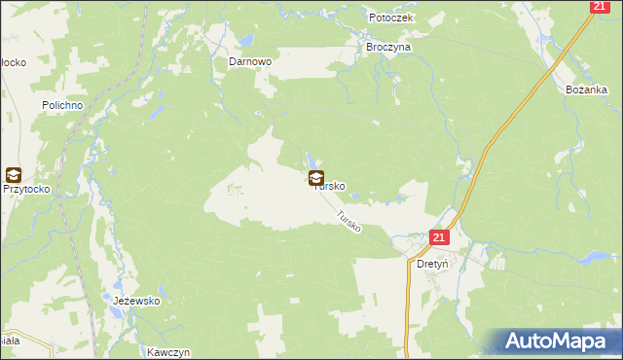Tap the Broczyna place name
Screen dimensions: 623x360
coord(388,47)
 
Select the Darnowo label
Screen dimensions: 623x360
coord(249,60)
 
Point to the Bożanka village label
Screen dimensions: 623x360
coord(586,89)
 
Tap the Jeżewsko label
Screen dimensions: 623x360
coord(136,302)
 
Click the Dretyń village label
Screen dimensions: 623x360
coord(431,263)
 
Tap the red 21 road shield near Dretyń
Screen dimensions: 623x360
coord(438,238)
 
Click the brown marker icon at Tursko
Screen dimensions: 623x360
coord(316,178)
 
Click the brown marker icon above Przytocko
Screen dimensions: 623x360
coord(13,175)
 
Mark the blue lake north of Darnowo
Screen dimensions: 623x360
coord(246,41)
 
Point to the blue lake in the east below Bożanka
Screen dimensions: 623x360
coord(592,258)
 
